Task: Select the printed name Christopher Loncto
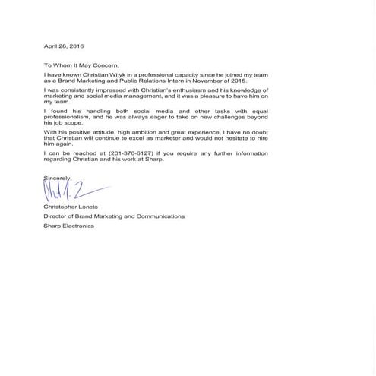65,207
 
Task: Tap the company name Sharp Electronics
65,226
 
